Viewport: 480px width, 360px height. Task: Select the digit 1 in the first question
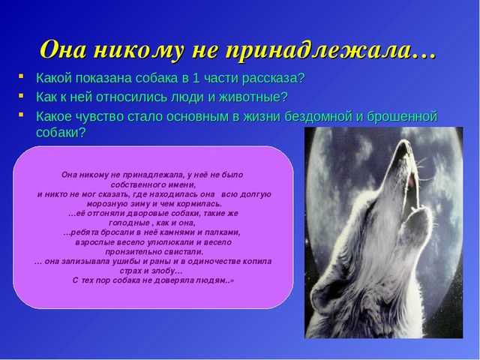[196, 78]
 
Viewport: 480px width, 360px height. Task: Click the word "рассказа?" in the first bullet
[273, 78]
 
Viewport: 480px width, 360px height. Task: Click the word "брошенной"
[402, 117]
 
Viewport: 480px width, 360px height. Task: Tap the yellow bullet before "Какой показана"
[21, 76]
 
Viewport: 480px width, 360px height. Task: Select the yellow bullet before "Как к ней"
[21, 95]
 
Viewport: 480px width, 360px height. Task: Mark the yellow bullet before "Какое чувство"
[21, 115]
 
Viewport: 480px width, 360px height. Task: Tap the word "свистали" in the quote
[188, 252]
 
